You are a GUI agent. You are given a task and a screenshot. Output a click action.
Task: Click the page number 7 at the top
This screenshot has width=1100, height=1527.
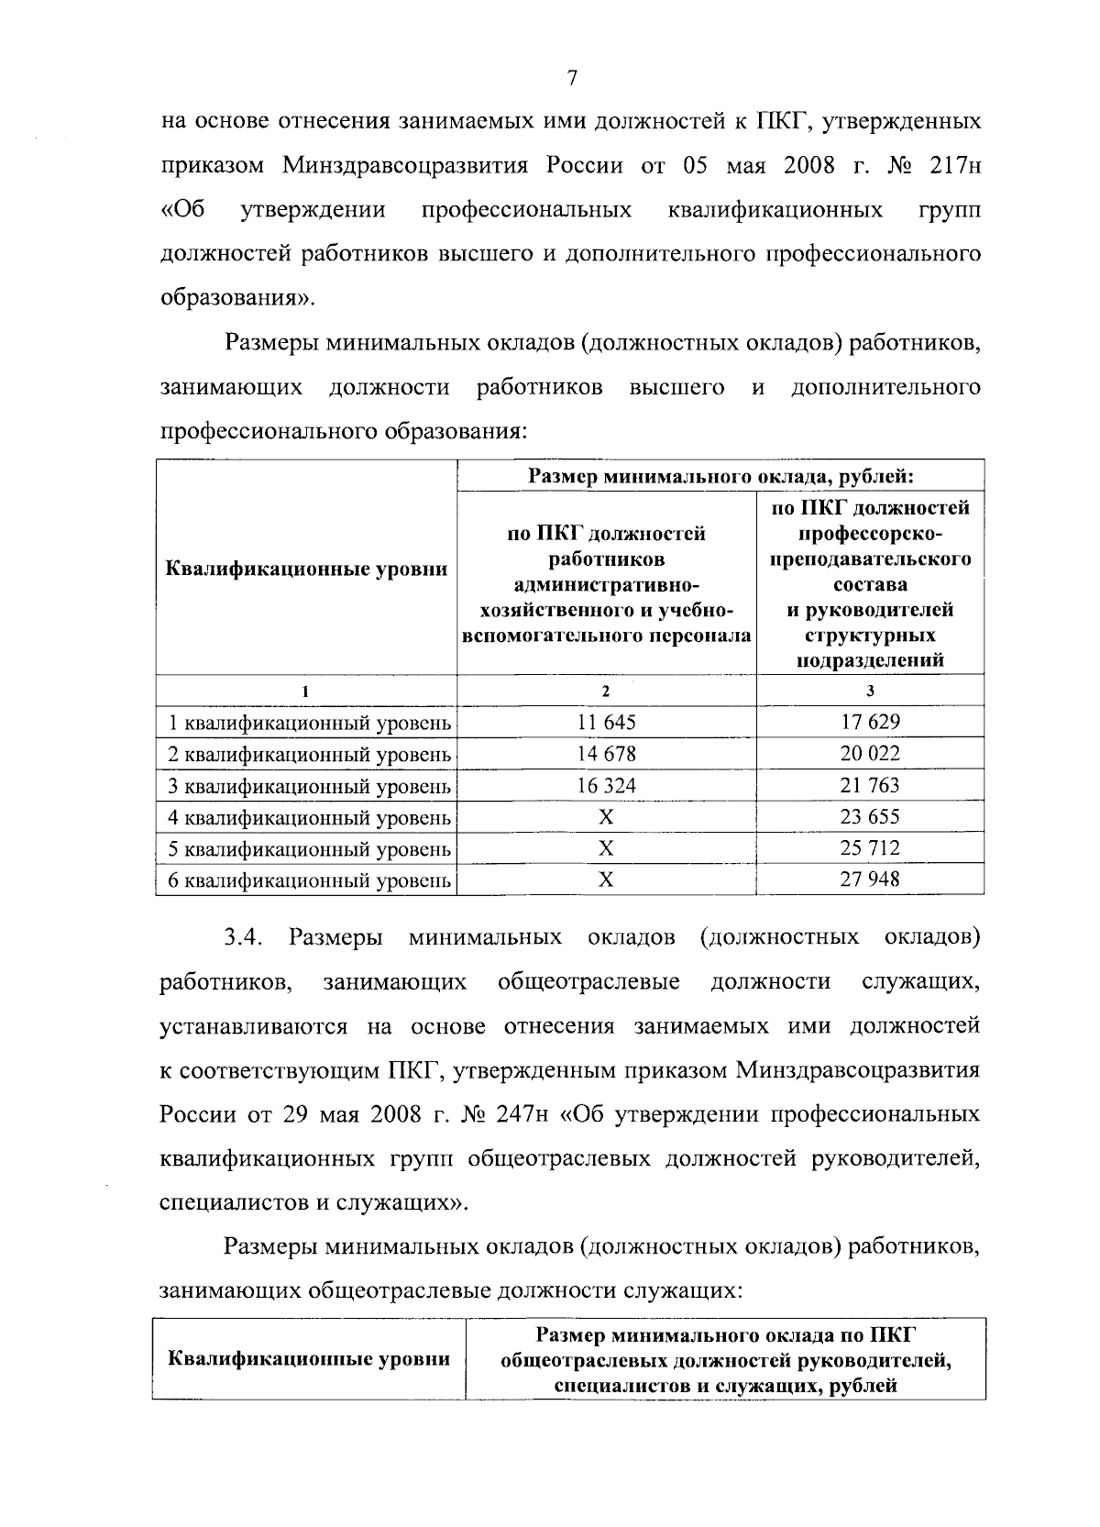click(x=570, y=79)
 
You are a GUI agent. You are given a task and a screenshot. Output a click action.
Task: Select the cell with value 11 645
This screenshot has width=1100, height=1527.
click(x=606, y=722)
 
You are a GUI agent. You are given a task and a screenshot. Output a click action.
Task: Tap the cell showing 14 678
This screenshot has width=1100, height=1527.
click(x=606, y=754)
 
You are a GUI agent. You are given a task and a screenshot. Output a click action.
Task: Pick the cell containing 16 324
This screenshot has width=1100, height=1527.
click(x=606, y=785)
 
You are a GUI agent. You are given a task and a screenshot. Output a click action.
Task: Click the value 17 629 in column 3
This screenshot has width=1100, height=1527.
click(x=870, y=722)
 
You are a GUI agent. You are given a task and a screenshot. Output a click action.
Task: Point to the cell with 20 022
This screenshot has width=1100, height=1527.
click(x=870, y=754)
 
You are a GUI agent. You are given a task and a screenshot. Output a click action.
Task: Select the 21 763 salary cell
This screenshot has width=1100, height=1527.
click(x=870, y=785)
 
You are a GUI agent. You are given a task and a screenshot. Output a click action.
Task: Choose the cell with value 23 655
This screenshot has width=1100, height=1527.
click(x=870, y=816)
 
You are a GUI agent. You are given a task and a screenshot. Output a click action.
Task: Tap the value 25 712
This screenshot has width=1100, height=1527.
click(x=870, y=848)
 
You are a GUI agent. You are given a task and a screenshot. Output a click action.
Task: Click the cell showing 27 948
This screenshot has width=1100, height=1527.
click(x=870, y=880)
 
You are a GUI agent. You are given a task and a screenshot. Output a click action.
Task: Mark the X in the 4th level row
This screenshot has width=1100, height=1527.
click(x=606, y=817)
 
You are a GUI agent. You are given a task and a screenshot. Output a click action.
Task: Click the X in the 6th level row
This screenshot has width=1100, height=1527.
click(x=606, y=880)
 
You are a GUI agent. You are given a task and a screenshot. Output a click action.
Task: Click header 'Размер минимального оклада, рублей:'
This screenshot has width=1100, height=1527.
click(x=720, y=476)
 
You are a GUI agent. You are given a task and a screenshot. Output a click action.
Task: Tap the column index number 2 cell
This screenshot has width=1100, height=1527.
click(x=606, y=691)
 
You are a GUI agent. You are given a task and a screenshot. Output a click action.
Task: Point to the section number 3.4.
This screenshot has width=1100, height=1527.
click(x=244, y=937)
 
